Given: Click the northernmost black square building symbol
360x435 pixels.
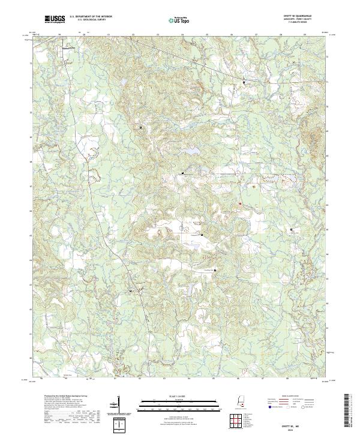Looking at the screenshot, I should (x=244, y=82).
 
